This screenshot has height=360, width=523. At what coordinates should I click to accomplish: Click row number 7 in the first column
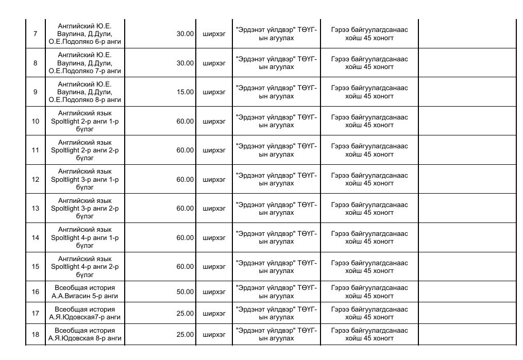tap(35, 34)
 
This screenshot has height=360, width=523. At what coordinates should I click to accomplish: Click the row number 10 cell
tap(35, 122)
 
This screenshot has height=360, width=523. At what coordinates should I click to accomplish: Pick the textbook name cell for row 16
tap(85, 292)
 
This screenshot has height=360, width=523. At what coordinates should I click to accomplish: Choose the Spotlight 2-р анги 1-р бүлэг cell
tap(85, 122)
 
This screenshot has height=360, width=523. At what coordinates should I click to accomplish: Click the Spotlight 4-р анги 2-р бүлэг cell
tap(85, 267)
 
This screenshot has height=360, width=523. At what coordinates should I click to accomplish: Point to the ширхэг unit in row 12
tap(214, 180)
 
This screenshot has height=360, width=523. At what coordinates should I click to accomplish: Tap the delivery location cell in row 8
tap(276, 63)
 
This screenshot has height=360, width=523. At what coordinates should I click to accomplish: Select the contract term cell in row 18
tap(369, 335)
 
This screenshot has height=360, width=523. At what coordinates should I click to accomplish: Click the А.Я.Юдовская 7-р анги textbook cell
tap(85, 313)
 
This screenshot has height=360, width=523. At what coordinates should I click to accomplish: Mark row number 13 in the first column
tap(35, 209)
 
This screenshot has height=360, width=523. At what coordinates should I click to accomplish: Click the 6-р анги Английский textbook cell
tap(85, 34)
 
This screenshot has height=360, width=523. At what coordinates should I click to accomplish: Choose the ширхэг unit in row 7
tap(214, 34)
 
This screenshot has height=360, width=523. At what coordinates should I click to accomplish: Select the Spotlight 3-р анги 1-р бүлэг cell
tap(85, 180)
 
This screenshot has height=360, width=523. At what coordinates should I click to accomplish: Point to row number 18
tap(35, 335)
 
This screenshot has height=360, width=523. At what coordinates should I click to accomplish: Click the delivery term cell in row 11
tap(369, 150)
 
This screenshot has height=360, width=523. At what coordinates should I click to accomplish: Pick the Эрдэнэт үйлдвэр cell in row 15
tap(276, 267)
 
